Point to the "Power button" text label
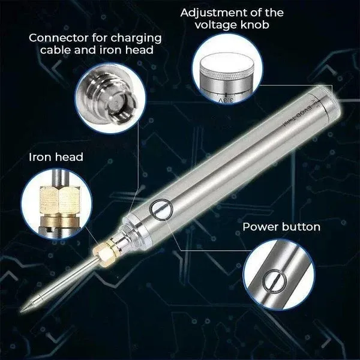tap(281, 227)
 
